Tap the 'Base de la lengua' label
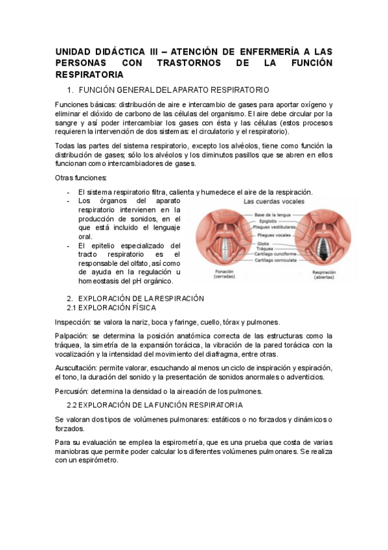pyautogui.click(x=272, y=214)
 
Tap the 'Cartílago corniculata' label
pyautogui.click(x=276, y=260)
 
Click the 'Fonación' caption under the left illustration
pyautogui.click(x=224, y=272)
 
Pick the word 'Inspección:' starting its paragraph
pyautogui.click(x=73, y=322)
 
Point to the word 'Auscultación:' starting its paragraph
pyautogui.click(x=76, y=367)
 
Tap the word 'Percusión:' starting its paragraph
pyautogui.click(x=72, y=390)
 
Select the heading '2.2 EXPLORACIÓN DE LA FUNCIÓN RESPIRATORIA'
pyautogui.click(x=155, y=405)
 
